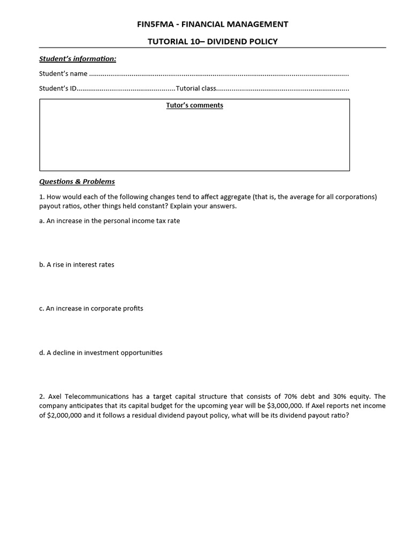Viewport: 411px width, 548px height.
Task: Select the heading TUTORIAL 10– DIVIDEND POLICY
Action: [x=212, y=41]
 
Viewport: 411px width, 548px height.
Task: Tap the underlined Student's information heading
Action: [x=78, y=58]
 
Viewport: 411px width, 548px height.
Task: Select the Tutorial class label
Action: [x=196, y=88]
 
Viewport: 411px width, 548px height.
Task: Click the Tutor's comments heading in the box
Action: [x=194, y=105]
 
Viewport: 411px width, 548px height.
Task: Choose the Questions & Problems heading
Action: [x=77, y=181]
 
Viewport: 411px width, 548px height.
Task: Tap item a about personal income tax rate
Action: [x=110, y=220]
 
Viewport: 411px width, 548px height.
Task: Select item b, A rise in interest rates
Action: [x=77, y=264]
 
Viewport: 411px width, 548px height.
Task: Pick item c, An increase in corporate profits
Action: [x=91, y=308]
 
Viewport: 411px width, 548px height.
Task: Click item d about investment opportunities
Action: [x=101, y=353]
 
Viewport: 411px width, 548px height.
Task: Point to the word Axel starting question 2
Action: [x=55, y=397]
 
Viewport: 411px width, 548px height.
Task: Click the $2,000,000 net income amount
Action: [x=64, y=415]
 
